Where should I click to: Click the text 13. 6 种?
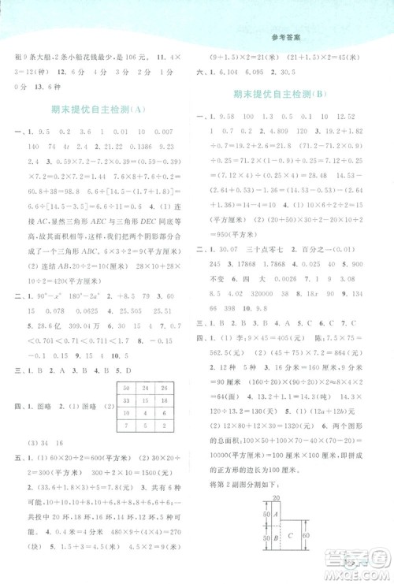click(x=50, y=87)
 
